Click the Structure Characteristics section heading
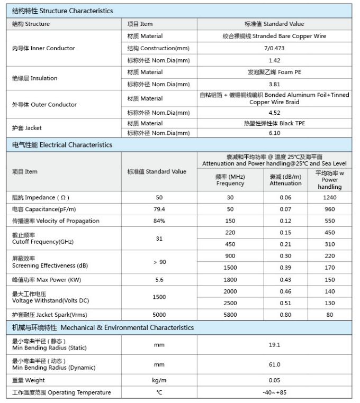tap(62, 11)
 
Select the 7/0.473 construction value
tap(274, 48)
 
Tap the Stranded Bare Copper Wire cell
tap(274, 36)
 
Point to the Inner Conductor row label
tap(43, 48)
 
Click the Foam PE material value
tap(274, 72)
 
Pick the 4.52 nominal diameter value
tap(274, 112)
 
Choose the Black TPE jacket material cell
tap(274, 123)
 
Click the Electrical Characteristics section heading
tap(62, 144)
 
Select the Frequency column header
tap(230, 180)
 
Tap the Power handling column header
tap(330, 180)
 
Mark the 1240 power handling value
tap(330, 197)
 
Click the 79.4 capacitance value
tap(159, 209)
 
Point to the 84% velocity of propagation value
tap(159, 221)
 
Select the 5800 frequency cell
tap(230, 315)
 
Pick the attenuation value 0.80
tap(285, 315)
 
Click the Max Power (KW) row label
tap(46, 279)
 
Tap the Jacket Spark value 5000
tap(159, 315)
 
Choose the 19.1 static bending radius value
tap(274, 345)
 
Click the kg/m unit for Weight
tap(159, 380)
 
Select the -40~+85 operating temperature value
tap(274, 392)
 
